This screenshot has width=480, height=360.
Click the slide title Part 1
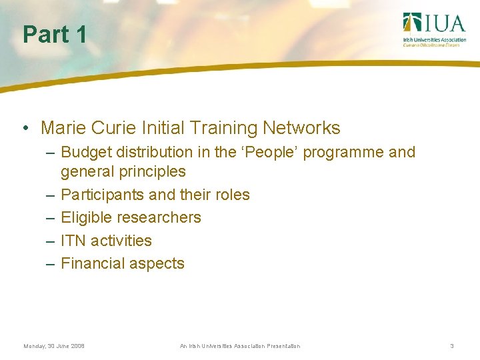[55, 35]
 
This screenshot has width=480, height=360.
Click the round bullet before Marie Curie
[25, 129]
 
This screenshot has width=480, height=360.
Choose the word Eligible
[87, 217]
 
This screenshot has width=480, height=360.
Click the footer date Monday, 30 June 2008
[53, 346]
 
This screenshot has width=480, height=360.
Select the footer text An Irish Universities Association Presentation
[240, 346]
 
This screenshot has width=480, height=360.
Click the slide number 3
[451, 346]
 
